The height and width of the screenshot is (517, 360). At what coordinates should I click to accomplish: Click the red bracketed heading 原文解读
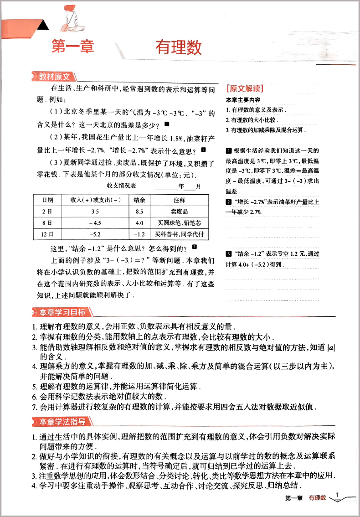(x=245, y=88)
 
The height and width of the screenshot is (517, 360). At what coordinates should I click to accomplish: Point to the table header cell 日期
(x=47, y=200)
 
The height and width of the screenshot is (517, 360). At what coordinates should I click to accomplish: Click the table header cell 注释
(x=179, y=200)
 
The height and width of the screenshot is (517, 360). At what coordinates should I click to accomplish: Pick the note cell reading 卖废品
(x=179, y=212)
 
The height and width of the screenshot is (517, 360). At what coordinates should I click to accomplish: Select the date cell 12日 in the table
(x=47, y=234)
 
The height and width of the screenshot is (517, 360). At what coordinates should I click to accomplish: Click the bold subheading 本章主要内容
(x=243, y=100)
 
